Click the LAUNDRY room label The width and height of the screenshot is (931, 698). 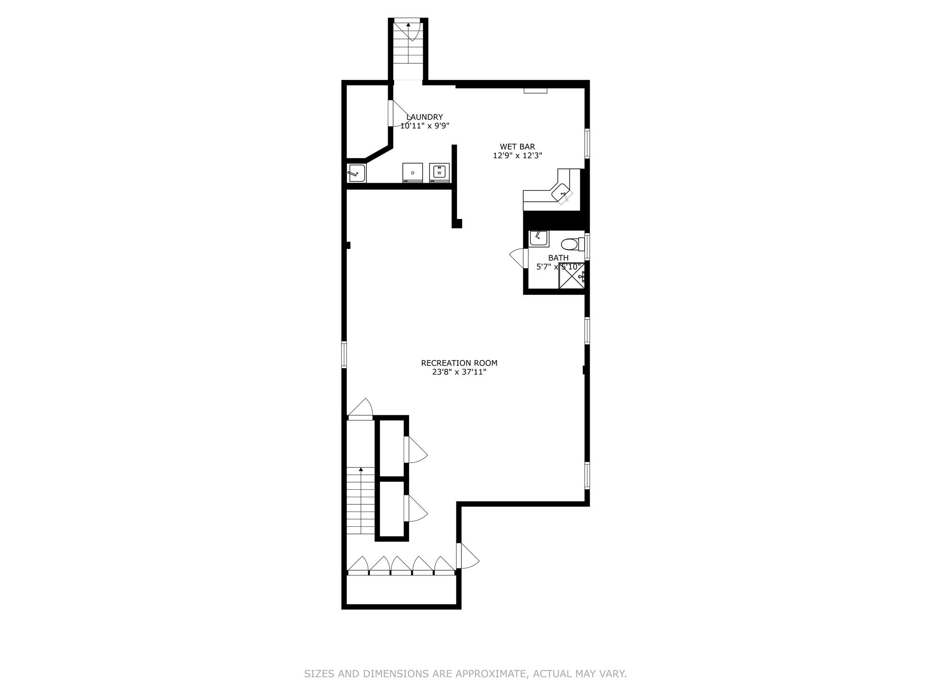[424, 117]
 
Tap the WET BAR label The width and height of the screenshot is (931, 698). [517, 147]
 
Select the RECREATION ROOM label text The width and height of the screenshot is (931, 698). [459, 363]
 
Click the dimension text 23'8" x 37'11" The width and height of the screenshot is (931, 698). [459, 372]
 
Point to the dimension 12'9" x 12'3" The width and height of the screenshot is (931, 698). [517, 155]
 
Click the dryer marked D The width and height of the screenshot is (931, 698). [412, 173]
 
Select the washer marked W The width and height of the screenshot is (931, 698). [439, 173]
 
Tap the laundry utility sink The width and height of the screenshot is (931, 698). [356, 173]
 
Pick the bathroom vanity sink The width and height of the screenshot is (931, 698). [539, 239]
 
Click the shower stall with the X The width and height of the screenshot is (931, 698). [571, 276]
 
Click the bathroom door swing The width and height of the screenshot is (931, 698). [518, 259]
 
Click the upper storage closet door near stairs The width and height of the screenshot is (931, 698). [415, 450]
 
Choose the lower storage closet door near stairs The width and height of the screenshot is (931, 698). [415, 508]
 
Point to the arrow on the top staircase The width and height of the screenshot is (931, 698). [408, 25]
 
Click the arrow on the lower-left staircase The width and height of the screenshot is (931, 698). [361, 469]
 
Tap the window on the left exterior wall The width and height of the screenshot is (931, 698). [344, 354]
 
